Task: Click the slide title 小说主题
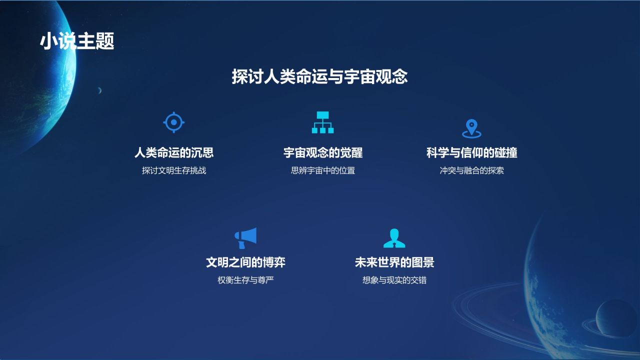(x=77, y=41)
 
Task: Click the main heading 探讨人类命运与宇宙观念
(x=319, y=76)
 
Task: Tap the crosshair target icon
(x=174, y=122)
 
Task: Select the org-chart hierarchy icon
(x=322, y=122)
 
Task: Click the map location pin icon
(x=471, y=128)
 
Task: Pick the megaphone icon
(x=245, y=238)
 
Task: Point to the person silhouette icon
(x=394, y=238)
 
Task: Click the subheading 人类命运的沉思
(x=174, y=152)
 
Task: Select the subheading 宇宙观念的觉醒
(x=323, y=152)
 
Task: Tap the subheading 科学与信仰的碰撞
(x=471, y=152)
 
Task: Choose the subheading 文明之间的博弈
(x=245, y=262)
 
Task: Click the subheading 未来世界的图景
(x=394, y=262)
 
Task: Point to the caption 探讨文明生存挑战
(x=174, y=170)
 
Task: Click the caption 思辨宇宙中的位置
(x=323, y=170)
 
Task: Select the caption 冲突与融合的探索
(x=471, y=170)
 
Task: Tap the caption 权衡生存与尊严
(x=245, y=280)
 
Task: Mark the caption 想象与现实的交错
(x=394, y=280)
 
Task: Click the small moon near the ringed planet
(x=616, y=318)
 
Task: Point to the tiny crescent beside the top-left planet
(x=99, y=90)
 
